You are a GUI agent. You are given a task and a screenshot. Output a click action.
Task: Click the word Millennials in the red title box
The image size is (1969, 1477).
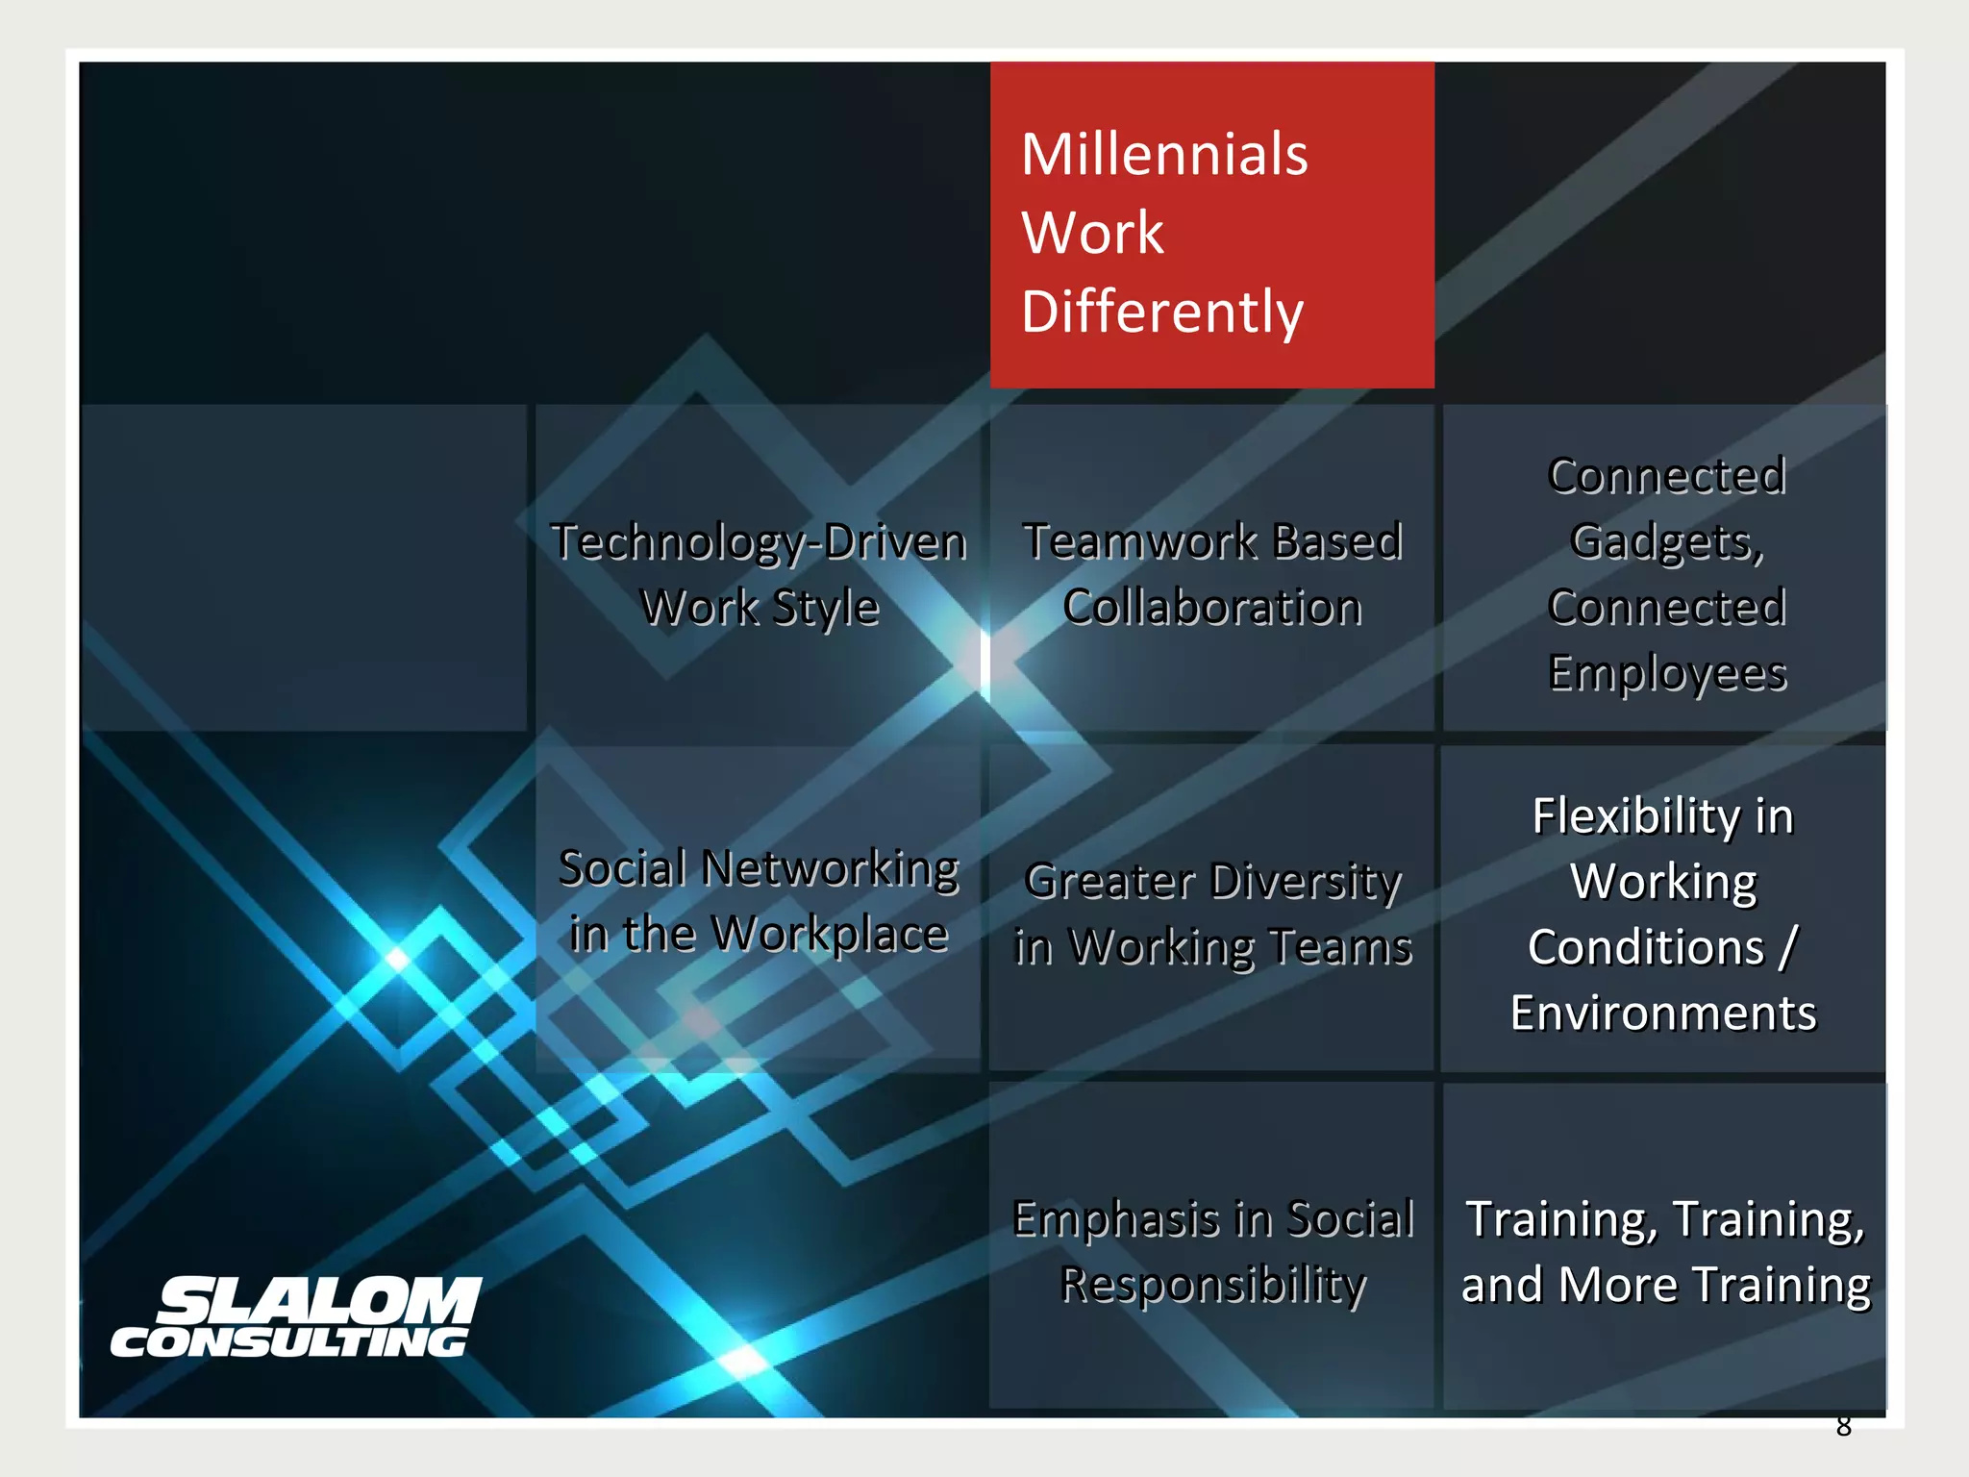pyautogui.click(x=1164, y=155)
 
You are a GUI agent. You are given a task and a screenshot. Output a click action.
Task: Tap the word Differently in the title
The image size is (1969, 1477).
pyautogui.click(x=1162, y=313)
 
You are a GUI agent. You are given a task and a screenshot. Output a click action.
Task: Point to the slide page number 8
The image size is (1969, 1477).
pyautogui.click(x=1843, y=1426)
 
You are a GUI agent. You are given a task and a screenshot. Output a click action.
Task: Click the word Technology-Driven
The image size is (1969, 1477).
pyautogui.click(x=759, y=542)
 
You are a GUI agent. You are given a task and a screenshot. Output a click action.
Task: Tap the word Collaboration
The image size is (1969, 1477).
pyautogui.click(x=1212, y=608)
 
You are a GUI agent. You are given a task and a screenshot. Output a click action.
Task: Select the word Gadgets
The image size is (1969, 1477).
pyautogui.click(x=1666, y=541)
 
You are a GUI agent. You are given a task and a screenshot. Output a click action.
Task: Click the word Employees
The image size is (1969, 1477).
pyautogui.click(x=1667, y=673)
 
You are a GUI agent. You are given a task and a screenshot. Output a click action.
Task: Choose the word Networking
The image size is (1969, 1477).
pyautogui.click(x=830, y=868)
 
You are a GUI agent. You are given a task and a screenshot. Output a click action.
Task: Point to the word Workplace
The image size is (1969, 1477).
pyautogui.click(x=830, y=934)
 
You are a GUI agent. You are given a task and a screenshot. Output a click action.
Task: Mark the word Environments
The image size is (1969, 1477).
pyautogui.click(x=1663, y=1014)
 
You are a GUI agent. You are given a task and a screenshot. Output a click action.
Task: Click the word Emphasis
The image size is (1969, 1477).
pyautogui.click(x=1116, y=1219)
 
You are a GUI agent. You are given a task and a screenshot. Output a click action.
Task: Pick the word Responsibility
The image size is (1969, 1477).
pyautogui.click(x=1212, y=1285)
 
